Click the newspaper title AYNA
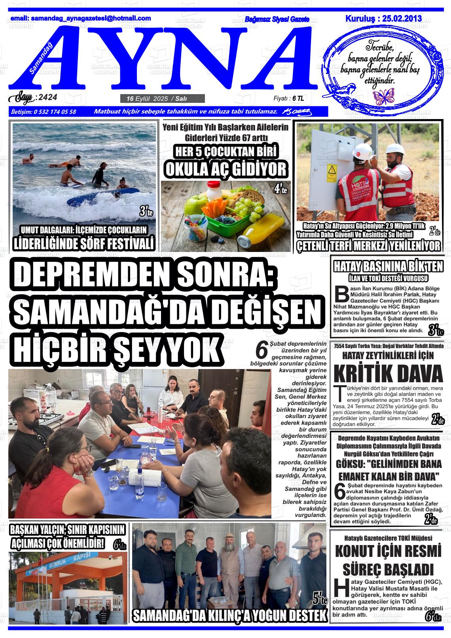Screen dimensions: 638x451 point(166,55)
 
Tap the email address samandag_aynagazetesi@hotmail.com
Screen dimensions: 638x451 point(81,18)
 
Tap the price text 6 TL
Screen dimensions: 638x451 point(298,98)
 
